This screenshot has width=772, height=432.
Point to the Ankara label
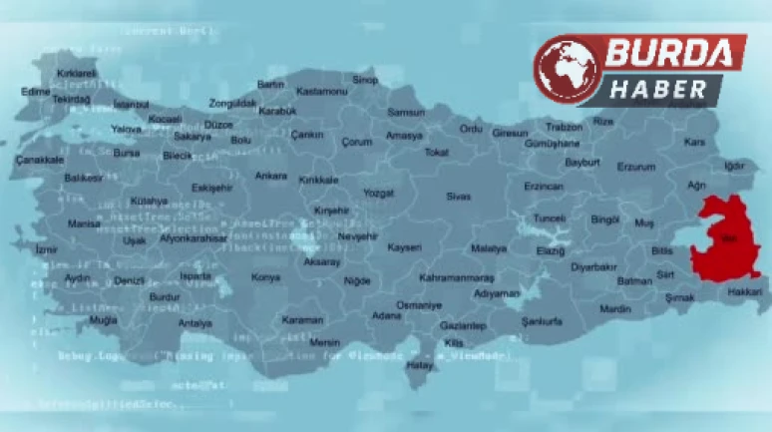[270, 176]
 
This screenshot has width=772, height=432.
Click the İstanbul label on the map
[131, 104]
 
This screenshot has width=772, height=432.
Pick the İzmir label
[46, 249]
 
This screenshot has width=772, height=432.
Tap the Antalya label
[194, 323]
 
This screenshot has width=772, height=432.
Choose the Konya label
[265, 277]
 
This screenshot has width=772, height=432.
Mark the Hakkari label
[743, 291]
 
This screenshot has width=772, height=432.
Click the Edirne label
[36, 91]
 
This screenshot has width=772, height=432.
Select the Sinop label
[365, 80]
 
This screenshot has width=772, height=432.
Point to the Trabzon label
[564, 127]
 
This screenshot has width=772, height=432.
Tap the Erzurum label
[635, 167]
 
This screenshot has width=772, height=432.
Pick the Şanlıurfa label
[542, 321]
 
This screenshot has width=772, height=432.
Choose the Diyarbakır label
[592, 267]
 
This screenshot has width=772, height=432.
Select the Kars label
[693, 143]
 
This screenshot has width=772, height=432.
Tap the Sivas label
[458, 197]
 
